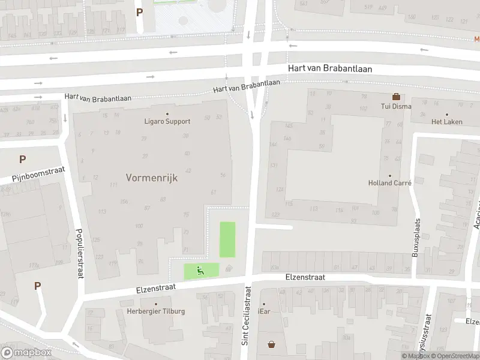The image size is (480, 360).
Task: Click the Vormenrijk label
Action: (x=152, y=178)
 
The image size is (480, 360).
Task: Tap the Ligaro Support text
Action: (x=167, y=121)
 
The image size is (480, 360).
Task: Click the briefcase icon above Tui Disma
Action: (x=396, y=97)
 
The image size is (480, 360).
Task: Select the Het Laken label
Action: (x=447, y=122)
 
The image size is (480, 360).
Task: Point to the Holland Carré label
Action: (x=389, y=184)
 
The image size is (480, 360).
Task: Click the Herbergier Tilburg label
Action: (x=156, y=311)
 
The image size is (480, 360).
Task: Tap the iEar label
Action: (x=263, y=311)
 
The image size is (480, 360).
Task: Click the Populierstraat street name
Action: (x=79, y=253)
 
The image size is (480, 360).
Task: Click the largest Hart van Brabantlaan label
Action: (x=329, y=69)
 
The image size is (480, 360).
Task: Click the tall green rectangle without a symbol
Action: (x=227, y=240)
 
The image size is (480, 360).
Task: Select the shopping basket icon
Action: (x=272, y=344)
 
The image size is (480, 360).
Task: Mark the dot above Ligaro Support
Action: (x=167, y=113)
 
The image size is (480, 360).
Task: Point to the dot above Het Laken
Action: (x=447, y=114)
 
